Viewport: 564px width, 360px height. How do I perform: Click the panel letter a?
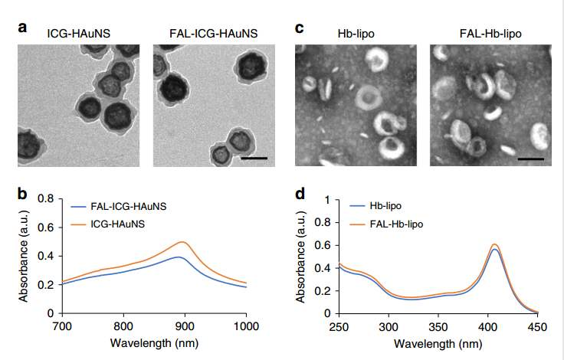pos(24,29)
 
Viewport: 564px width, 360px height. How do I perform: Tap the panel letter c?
pos(300,29)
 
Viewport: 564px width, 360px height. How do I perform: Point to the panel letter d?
pos(300,192)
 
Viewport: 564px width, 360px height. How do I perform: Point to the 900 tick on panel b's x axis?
pos(184,326)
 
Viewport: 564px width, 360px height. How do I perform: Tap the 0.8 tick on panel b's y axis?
pos(47,199)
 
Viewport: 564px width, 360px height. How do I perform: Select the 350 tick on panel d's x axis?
pos(438,326)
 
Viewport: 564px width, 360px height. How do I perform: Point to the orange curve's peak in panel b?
pos(183,242)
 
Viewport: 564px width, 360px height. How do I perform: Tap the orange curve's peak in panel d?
pos(495,244)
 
